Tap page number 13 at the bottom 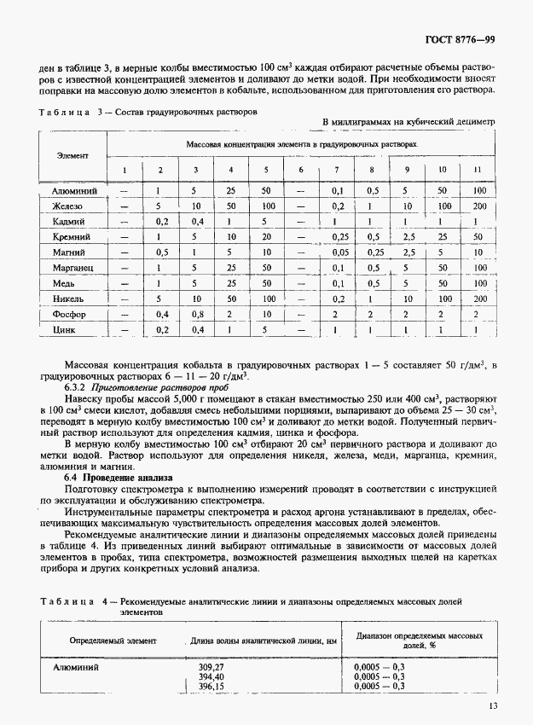494,705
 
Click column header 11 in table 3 478,169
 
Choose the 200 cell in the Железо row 478,206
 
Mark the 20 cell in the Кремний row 266,236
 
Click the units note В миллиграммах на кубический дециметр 409,122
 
